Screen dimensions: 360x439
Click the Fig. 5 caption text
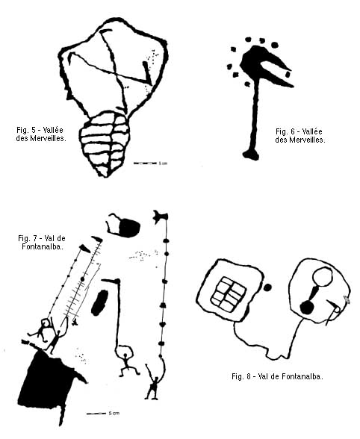pos(41,134)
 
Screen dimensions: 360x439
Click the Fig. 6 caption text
pos(300,136)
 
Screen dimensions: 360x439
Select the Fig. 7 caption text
pos(42,243)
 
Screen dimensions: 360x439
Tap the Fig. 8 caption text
pos(277,376)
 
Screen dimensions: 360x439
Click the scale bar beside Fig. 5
pos(145,163)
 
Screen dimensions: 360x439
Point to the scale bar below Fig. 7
pos(96,414)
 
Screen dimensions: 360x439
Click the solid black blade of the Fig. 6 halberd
pos(264,65)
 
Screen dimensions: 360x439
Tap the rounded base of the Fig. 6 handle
pos(251,155)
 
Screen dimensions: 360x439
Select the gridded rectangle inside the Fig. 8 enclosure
pos(229,294)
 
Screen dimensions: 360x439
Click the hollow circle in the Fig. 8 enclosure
pos(322,276)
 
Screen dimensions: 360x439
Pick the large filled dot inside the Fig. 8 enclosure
pos(307,308)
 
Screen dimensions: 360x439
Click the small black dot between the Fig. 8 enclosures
pos(267,287)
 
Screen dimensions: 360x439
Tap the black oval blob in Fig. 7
pos(99,302)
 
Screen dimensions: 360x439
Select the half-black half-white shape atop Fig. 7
pos(122,225)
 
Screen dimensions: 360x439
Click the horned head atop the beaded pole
pos(161,216)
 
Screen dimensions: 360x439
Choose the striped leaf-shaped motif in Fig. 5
pos(105,143)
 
